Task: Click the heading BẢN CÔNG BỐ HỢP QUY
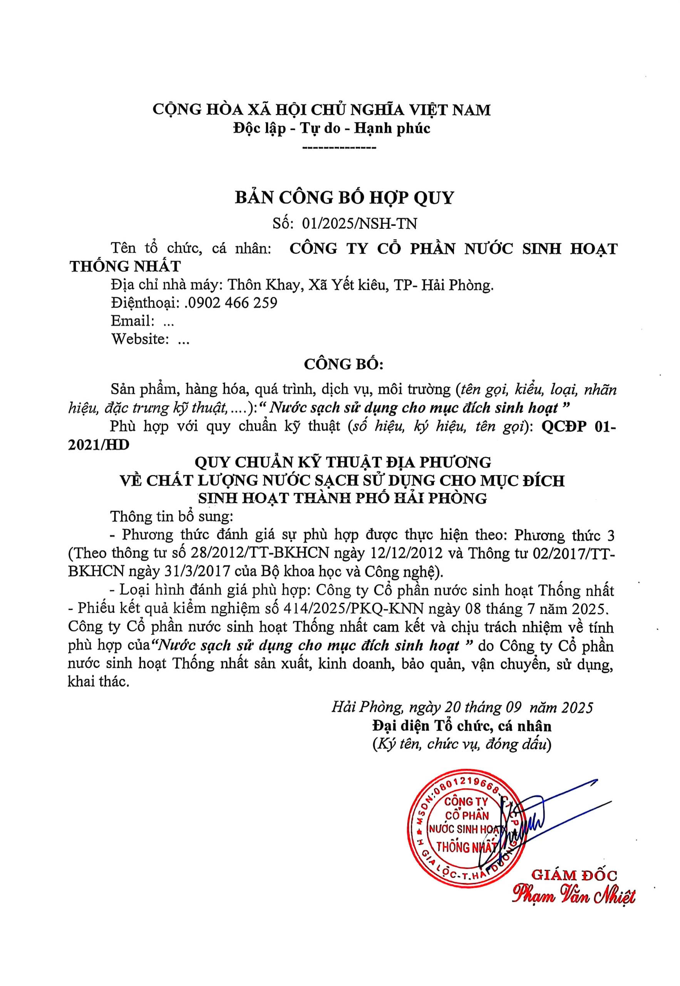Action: click(345, 198)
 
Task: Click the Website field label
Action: click(139, 339)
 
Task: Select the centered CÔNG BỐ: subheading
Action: click(343, 364)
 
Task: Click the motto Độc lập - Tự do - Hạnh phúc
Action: click(332, 128)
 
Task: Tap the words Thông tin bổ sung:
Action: click(171, 516)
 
